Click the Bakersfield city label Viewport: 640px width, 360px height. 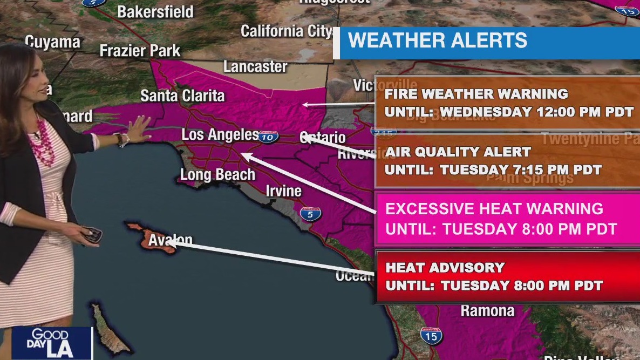[x=155, y=12]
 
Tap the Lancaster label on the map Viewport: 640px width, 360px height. [x=255, y=67]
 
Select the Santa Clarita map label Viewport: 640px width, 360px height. [x=182, y=96]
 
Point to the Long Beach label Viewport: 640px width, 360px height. [x=217, y=175]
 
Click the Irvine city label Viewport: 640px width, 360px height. [x=283, y=191]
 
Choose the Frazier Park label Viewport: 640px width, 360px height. [x=140, y=51]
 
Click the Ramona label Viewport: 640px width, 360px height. [x=487, y=311]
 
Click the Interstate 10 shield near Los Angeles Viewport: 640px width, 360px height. [x=268, y=137]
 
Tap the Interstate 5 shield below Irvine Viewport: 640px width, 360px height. [x=311, y=214]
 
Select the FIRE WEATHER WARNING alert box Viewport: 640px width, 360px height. [x=507, y=103]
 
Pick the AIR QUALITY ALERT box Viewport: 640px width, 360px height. [x=507, y=160]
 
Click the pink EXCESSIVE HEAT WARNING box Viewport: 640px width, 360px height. [x=507, y=218]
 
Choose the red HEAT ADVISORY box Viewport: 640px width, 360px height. [x=507, y=276]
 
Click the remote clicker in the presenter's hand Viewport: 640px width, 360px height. [x=92, y=235]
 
